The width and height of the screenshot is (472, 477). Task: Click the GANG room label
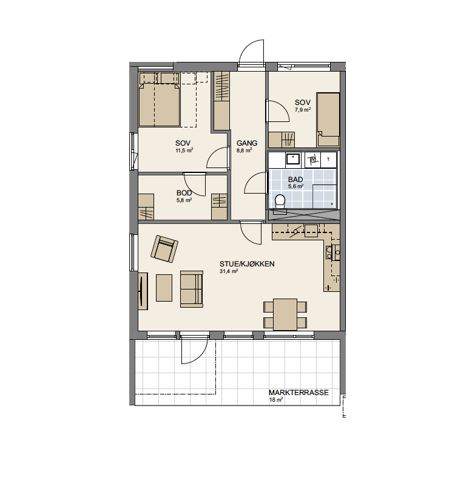point(247,143)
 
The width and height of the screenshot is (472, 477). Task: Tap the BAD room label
point(295,180)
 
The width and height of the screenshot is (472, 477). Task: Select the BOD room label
point(184,193)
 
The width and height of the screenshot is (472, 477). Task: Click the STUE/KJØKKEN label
point(247,264)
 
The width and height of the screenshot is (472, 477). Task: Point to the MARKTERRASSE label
point(298,393)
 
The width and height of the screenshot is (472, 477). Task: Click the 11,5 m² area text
point(184,151)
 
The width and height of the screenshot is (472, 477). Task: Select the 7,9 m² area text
point(303,110)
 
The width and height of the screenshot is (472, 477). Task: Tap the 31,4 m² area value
point(229,271)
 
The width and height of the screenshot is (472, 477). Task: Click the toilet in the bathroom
point(280,201)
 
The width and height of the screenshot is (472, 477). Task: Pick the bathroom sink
point(293,159)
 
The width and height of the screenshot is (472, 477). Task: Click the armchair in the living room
point(164,249)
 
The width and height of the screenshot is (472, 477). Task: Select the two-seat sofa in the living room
point(192,289)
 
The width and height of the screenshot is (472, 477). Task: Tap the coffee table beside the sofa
point(164,288)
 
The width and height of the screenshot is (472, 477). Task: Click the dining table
point(285,314)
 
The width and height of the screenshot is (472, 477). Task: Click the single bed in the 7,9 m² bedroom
point(328,120)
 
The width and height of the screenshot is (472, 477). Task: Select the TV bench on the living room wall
point(143,291)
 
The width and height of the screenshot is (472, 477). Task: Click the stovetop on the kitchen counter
point(329,252)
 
